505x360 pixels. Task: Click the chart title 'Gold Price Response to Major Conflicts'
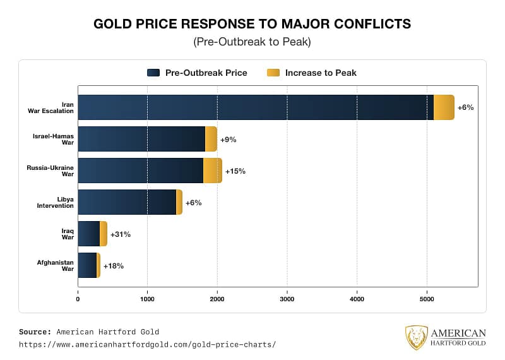[x=252, y=24]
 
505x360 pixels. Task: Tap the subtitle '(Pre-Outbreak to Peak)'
[x=252, y=42]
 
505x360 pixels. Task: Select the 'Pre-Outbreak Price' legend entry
[x=197, y=73]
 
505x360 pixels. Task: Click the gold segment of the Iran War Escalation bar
[x=444, y=107]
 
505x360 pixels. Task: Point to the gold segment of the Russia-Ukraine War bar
[x=213, y=171]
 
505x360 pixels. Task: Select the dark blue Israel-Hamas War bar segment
[x=141, y=139]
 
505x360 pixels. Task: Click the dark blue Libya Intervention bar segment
[x=127, y=202]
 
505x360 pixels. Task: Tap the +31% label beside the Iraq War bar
[x=120, y=234]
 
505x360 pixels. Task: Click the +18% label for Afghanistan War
[x=113, y=266]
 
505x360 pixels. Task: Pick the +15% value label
[x=235, y=171]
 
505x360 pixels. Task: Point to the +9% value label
[x=228, y=140]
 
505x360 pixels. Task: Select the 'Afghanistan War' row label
[x=55, y=265]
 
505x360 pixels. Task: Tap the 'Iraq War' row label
[x=67, y=234]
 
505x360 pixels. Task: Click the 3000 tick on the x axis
[x=287, y=299]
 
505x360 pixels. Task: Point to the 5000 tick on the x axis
[x=427, y=299]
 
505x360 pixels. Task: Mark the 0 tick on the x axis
[x=78, y=299]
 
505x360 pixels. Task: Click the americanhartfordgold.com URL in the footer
[x=147, y=345]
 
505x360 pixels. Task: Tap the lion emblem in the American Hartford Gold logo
[x=416, y=338]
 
